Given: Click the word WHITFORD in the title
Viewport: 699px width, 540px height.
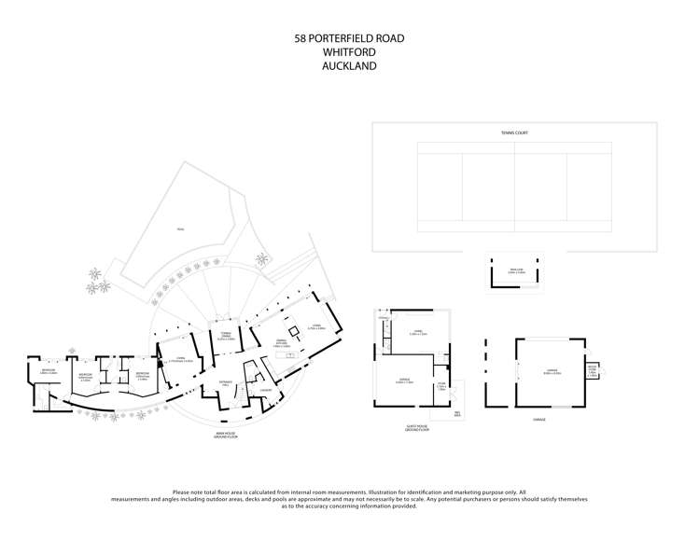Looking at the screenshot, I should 349,52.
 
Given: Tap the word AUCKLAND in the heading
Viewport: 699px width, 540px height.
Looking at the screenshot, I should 349,66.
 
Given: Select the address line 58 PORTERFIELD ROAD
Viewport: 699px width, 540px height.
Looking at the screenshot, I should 349,38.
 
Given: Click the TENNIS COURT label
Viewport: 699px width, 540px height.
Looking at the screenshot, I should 514,133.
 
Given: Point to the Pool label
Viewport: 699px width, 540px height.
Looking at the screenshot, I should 181,229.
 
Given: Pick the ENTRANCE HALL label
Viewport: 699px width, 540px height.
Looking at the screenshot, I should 225,382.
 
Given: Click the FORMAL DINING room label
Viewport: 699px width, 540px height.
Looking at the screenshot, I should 224,338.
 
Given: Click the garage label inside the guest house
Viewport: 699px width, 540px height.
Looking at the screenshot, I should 405,381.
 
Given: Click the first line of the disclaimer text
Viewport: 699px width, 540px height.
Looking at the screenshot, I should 349,492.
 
